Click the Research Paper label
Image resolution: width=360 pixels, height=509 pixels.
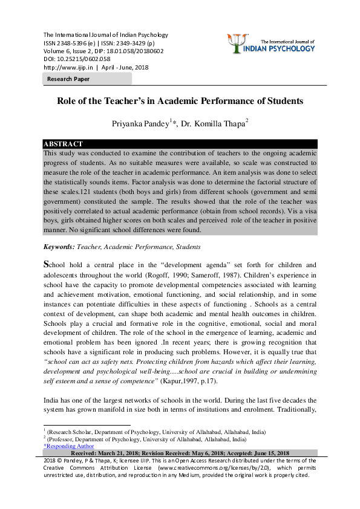point(68,79)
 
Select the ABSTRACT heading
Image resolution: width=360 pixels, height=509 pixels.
point(63,144)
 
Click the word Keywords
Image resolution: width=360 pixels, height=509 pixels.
point(59,247)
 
